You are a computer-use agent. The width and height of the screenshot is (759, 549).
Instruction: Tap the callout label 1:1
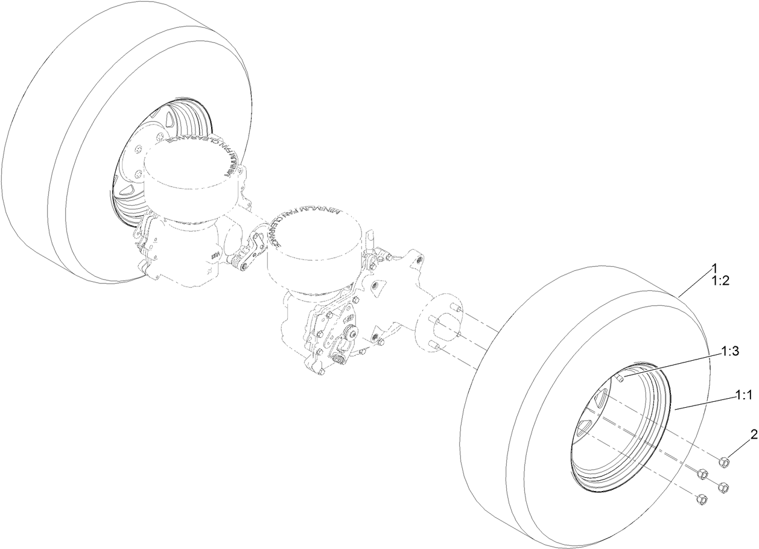(743, 395)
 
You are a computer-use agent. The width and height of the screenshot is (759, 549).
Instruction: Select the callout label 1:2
(720, 280)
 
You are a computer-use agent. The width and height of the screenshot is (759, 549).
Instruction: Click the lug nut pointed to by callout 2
(724, 463)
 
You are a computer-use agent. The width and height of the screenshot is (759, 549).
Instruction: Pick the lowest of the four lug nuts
(700, 500)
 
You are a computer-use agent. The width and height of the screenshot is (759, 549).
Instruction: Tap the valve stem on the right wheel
(620, 379)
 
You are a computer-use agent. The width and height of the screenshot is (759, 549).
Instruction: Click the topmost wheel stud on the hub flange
(457, 309)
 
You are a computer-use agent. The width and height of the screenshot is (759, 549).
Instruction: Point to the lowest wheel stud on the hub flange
(432, 344)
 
